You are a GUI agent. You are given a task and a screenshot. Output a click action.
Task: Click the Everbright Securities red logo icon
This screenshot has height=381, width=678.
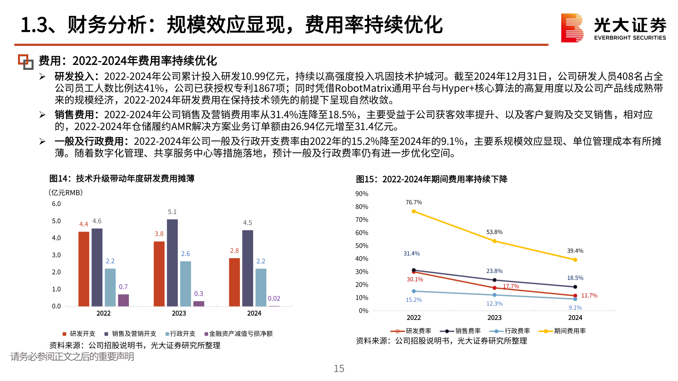click(572, 28)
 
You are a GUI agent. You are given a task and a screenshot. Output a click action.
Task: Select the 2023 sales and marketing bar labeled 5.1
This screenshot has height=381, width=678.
click(172, 262)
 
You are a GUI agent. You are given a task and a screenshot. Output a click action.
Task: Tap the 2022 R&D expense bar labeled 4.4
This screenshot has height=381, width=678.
click(84, 268)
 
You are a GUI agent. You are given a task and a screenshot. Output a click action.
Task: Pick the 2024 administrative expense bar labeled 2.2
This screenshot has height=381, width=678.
click(261, 287)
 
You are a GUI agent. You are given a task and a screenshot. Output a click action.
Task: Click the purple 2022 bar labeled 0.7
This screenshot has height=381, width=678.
click(123, 300)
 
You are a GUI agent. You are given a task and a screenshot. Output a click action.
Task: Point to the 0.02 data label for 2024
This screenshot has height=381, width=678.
click(274, 298)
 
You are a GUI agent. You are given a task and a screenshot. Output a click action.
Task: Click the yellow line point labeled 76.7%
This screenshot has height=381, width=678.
click(414, 211)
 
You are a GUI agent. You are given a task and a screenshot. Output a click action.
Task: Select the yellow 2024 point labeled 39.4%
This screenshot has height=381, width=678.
click(575, 260)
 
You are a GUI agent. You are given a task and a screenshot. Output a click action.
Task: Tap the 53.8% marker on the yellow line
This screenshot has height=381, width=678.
click(494, 241)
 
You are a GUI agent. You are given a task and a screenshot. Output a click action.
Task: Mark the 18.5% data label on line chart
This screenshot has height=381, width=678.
click(575, 278)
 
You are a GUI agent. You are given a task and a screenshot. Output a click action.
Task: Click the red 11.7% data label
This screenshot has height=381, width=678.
click(589, 296)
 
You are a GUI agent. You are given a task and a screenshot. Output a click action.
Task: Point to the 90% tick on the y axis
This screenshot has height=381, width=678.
click(362, 194)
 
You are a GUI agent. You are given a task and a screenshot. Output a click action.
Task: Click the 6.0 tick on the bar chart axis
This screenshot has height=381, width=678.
click(56, 204)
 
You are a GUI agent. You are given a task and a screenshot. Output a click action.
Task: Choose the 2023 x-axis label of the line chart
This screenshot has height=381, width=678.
click(494, 317)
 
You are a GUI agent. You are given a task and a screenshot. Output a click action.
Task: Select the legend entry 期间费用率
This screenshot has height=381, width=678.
click(569, 331)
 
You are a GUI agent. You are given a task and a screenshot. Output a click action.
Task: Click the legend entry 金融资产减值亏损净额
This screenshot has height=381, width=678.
click(240, 334)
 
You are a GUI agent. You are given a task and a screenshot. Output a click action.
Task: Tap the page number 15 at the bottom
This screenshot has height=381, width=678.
click(339, 369)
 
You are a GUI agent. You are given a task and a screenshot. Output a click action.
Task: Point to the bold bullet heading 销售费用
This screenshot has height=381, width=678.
click(74, 115)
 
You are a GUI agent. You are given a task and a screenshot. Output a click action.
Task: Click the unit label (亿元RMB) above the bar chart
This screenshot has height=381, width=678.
click(66, 193)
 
